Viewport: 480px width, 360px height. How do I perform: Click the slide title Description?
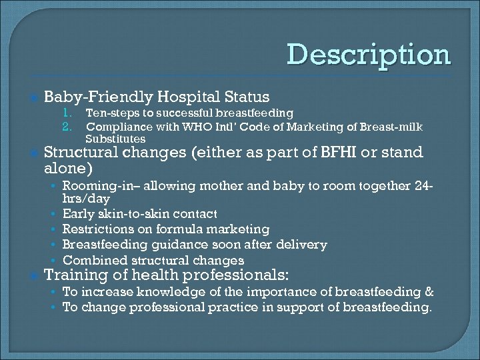point(369,54)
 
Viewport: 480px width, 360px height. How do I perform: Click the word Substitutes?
point(115,139)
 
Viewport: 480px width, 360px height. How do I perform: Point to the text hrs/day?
point(86,199)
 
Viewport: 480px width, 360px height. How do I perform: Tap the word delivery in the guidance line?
point(303,245)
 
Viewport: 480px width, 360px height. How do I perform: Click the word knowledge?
point(161,291)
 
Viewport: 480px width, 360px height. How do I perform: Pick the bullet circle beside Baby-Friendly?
point(31,97)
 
